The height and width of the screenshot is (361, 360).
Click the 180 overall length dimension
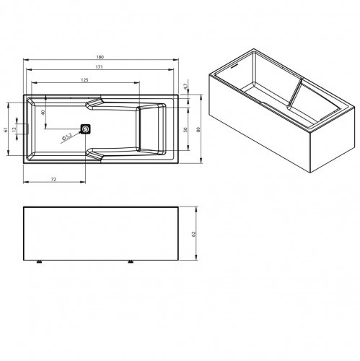(x=100, y=57)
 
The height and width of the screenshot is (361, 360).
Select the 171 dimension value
(x=100, y=67)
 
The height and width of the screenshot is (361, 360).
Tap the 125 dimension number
(x=84, y=80)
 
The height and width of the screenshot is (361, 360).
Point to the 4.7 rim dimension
(x=185, y=87)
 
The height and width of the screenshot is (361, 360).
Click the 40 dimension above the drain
(x=43, y=113)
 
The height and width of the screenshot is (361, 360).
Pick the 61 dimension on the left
(x=6, y=130)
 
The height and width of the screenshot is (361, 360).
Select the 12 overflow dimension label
(x=14, y=129)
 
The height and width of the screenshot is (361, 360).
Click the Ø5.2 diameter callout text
(x=66, y=137)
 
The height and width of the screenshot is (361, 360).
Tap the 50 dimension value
(x=185, y=130)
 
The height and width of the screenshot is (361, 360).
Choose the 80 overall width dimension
(x=198, y=130)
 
